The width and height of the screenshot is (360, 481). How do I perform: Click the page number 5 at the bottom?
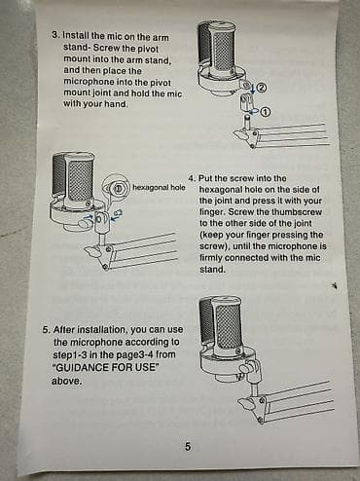[x=188, y=447]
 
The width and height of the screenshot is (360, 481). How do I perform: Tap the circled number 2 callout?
[x=262, y=88]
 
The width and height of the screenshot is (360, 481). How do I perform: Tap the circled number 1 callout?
[x=266, y=112]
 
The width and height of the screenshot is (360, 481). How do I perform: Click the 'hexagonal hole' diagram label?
[x=159, y=187]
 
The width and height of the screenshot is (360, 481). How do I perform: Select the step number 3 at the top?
[x=55, y=35]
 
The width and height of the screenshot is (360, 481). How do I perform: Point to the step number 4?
[x=192, y=178]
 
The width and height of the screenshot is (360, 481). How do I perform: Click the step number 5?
[x=47, y=330]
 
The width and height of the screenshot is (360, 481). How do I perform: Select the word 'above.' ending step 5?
[x=67, y=381]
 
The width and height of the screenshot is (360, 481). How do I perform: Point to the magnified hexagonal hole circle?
[x=117, y=187]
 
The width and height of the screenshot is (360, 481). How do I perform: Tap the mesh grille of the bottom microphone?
[x=229, y=326]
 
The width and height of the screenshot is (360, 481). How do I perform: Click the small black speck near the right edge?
[x=336, y=285]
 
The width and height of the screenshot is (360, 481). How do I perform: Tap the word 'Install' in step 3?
[x=76, y=35]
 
